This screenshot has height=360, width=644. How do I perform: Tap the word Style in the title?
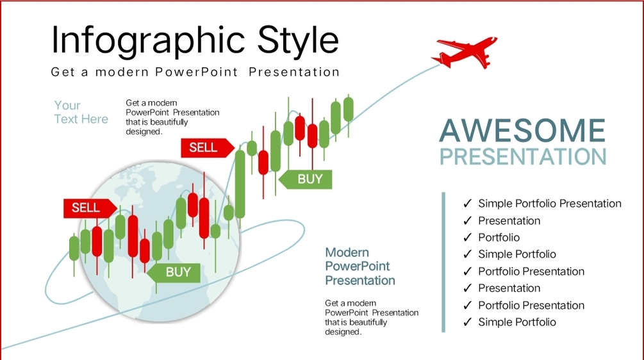(298, 41)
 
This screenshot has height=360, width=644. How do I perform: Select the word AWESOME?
(522, 131)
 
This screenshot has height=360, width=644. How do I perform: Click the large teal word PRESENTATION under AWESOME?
(523, 156)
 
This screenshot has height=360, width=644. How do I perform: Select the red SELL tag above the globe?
(208, 148)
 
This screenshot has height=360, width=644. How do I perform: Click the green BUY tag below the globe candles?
(174, 272)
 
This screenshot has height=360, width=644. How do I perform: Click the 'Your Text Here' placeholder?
(81, 112)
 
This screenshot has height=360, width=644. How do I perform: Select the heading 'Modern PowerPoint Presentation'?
(359, 266)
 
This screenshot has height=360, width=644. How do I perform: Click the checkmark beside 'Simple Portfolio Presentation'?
(467, 204)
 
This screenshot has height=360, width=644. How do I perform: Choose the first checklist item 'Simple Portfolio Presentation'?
(550, 204)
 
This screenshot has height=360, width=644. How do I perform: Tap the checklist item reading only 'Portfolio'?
(499, 238)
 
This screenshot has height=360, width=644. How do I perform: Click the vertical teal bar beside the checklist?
(443, 262)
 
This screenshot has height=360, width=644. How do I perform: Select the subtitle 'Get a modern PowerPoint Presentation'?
(195, 72)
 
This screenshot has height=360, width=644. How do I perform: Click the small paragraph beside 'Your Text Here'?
(172, 117)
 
